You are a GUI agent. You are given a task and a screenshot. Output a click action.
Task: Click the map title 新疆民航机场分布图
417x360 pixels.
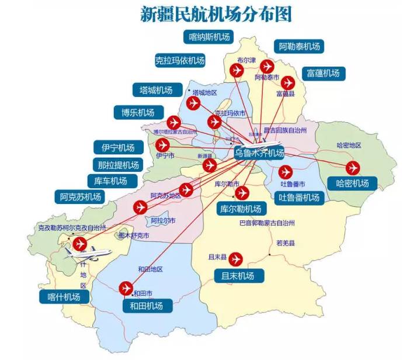[x=216, y=14]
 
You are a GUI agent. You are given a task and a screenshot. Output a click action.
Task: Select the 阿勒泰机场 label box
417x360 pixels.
[x=300, y=47]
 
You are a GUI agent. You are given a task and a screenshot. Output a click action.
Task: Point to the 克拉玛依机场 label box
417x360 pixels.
[x=179, y=60]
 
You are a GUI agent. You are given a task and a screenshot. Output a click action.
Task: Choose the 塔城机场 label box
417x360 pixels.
[x=156, y=90]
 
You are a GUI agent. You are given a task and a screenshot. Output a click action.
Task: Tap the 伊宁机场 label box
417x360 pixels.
[x=118, y=148]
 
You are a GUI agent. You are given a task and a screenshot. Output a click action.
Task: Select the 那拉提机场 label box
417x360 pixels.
[x=118, y=165]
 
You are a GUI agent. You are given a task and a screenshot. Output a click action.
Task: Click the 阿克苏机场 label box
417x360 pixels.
[x=81, y=197]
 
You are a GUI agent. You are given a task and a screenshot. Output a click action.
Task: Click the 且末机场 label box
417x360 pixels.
[x=238, y=275]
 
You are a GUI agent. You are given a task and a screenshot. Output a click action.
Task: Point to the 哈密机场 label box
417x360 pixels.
[x=352, y=184]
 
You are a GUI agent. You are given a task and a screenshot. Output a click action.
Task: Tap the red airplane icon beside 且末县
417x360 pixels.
[x=237, y=258]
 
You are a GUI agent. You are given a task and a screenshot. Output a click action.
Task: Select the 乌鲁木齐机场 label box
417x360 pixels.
[x=259, y=153]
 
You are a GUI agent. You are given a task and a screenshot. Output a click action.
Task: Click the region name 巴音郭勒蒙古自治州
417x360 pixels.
[x=267, y=223]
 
